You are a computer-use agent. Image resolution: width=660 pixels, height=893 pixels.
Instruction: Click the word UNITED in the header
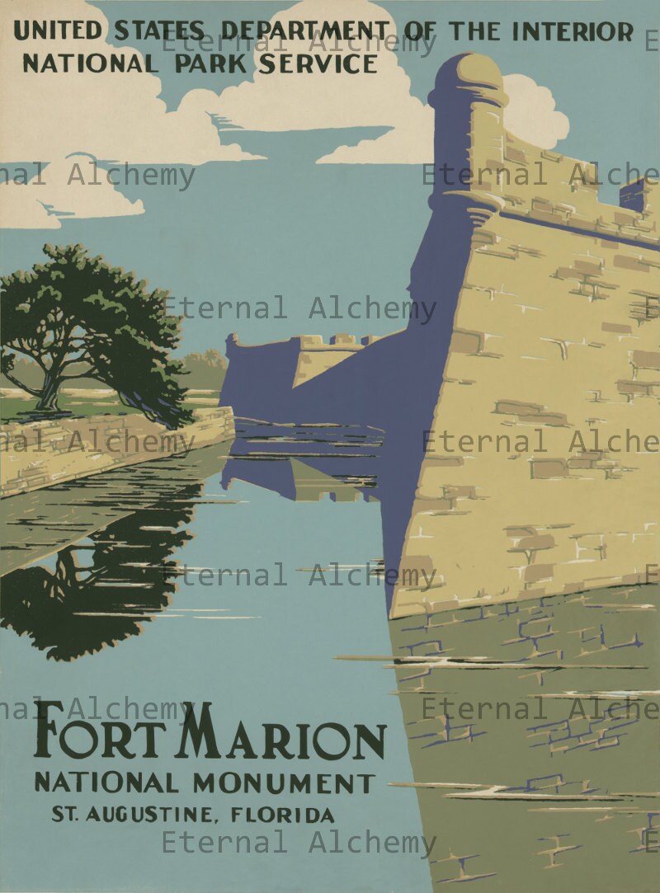click(x=57, y=31)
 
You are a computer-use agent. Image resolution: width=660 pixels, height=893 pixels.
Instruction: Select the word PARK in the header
click(x=212, y=63)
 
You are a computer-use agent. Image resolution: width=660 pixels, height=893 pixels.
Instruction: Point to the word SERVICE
click(x=317, y=63)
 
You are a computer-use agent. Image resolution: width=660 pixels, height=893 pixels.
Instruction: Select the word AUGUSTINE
click(x=153, y=815)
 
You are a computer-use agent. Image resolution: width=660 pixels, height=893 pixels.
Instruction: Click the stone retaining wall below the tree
click(x=115, y=449)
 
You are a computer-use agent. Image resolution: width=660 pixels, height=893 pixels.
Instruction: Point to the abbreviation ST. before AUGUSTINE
click(x=66, y=815)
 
